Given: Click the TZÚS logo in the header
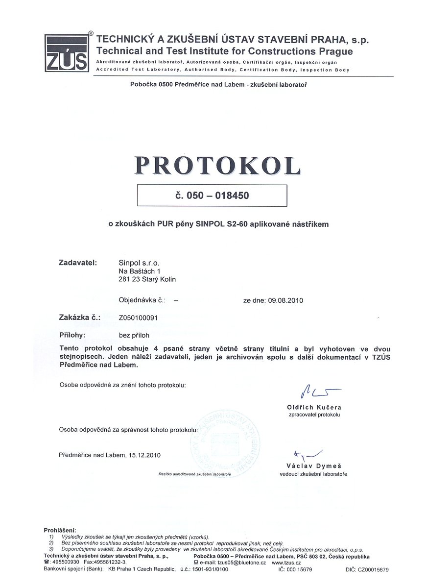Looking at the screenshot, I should pyautogui.click(x=67, y=53).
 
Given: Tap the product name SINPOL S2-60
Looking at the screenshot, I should pyautogui.click(x=218, y=224).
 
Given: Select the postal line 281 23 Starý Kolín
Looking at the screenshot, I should pyautogui.click(x=147, y=279).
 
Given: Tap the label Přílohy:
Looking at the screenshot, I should pyautogui.click(x=72, y=335).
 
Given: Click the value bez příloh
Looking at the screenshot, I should pyautogui.click(x=134, y=336).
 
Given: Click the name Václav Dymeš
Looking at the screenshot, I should pyautogui.click(x=314, y=466).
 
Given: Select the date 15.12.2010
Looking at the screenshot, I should pyautogui.click(x=145, y=455).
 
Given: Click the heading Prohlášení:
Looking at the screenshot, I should pyautogui.click(x=60, y=530).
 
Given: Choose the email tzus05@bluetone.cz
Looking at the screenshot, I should pyautogui.click(x=237, y=563).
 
